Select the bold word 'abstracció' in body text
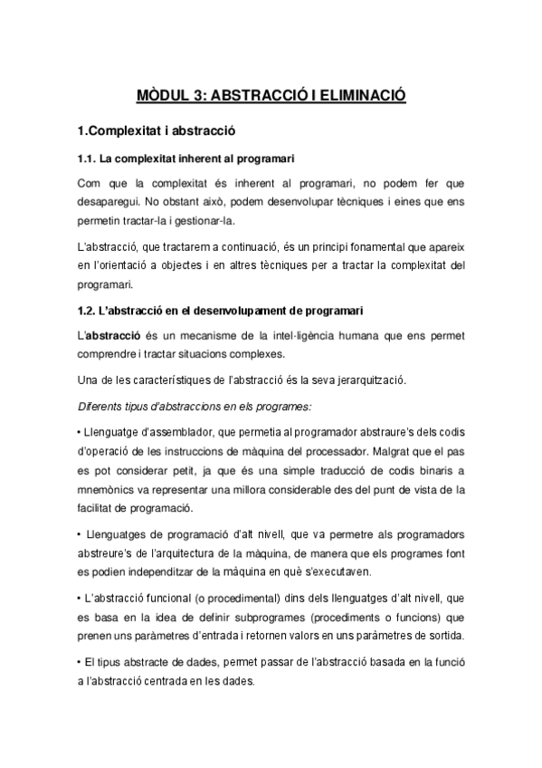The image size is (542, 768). [110, 335]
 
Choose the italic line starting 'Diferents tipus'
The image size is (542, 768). [182, 405]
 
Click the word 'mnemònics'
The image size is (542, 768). [109, 490]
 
